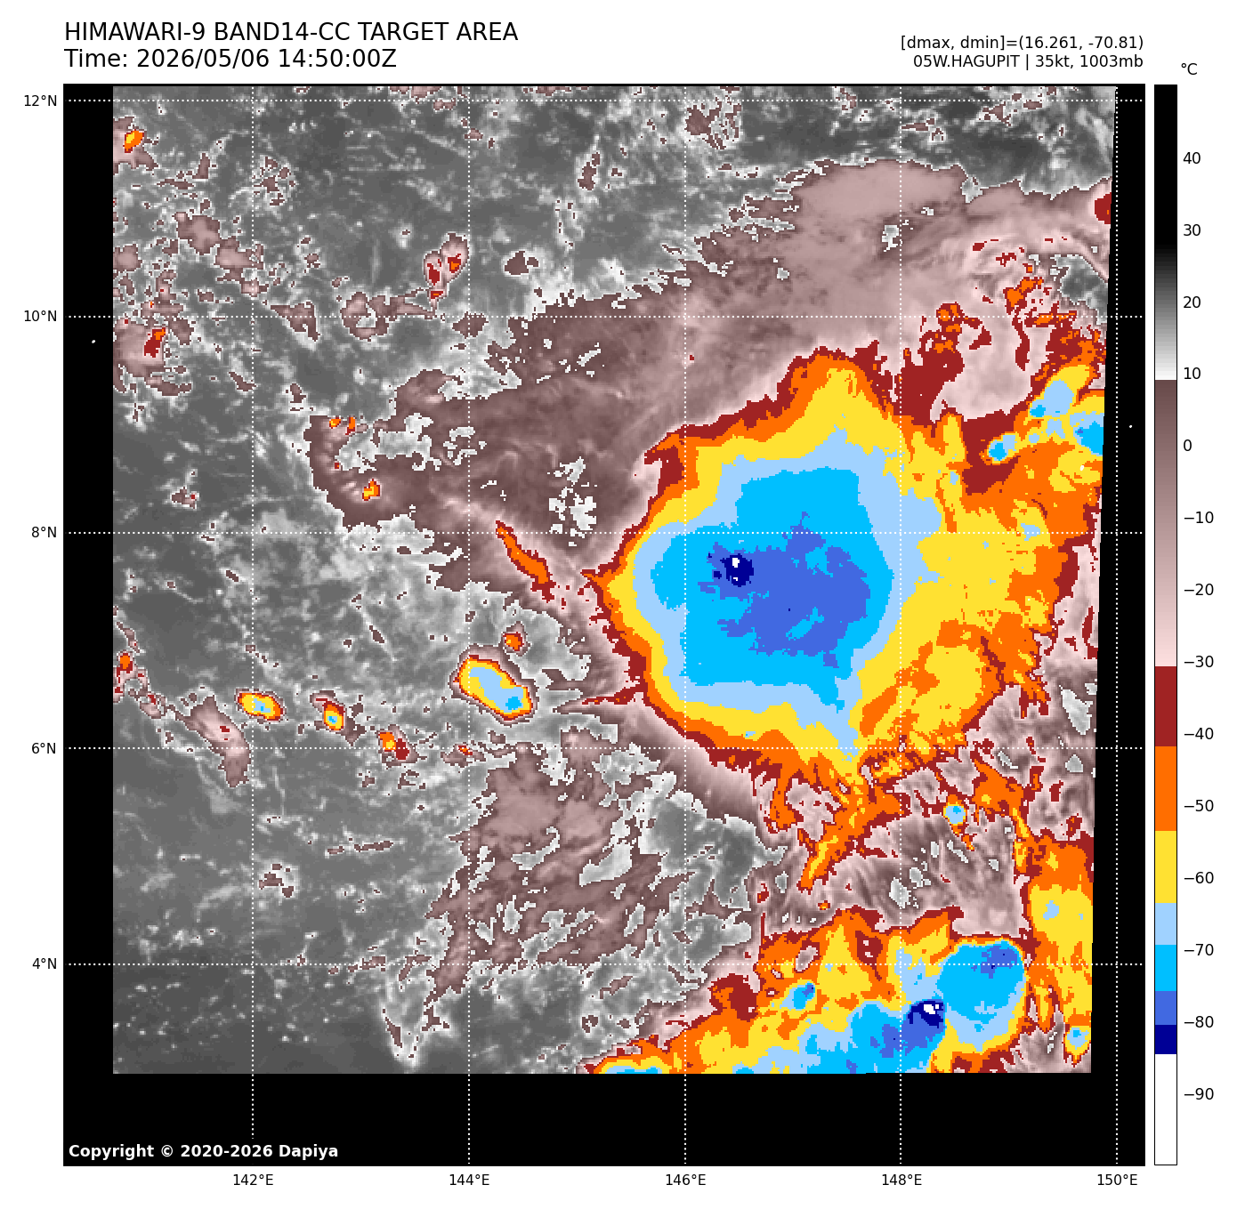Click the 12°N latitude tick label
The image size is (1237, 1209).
point(40,101)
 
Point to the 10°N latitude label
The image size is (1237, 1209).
point(40,317)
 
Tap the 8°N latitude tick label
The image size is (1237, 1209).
point(44,532)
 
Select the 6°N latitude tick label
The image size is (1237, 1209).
point(44,748)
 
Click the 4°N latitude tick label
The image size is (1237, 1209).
point(44,963)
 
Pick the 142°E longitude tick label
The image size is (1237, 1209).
point(253,1181)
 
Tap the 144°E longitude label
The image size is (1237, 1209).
point(469,1181)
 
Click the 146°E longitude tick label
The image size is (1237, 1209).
point(685,1181)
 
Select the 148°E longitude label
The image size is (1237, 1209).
point(901,1181)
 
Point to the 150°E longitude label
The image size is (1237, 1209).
point(1117,1181)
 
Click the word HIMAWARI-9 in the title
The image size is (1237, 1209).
point(133,32)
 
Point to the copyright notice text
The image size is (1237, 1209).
point(204,1151)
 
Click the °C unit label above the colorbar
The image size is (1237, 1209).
point(1189,69)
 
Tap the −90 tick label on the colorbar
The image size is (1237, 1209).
point(1199,1094)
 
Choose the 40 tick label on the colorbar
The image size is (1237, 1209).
point(1192,158)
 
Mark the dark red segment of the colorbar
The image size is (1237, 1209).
point(1165,705)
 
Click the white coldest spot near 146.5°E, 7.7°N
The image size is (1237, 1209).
point(735,561)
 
